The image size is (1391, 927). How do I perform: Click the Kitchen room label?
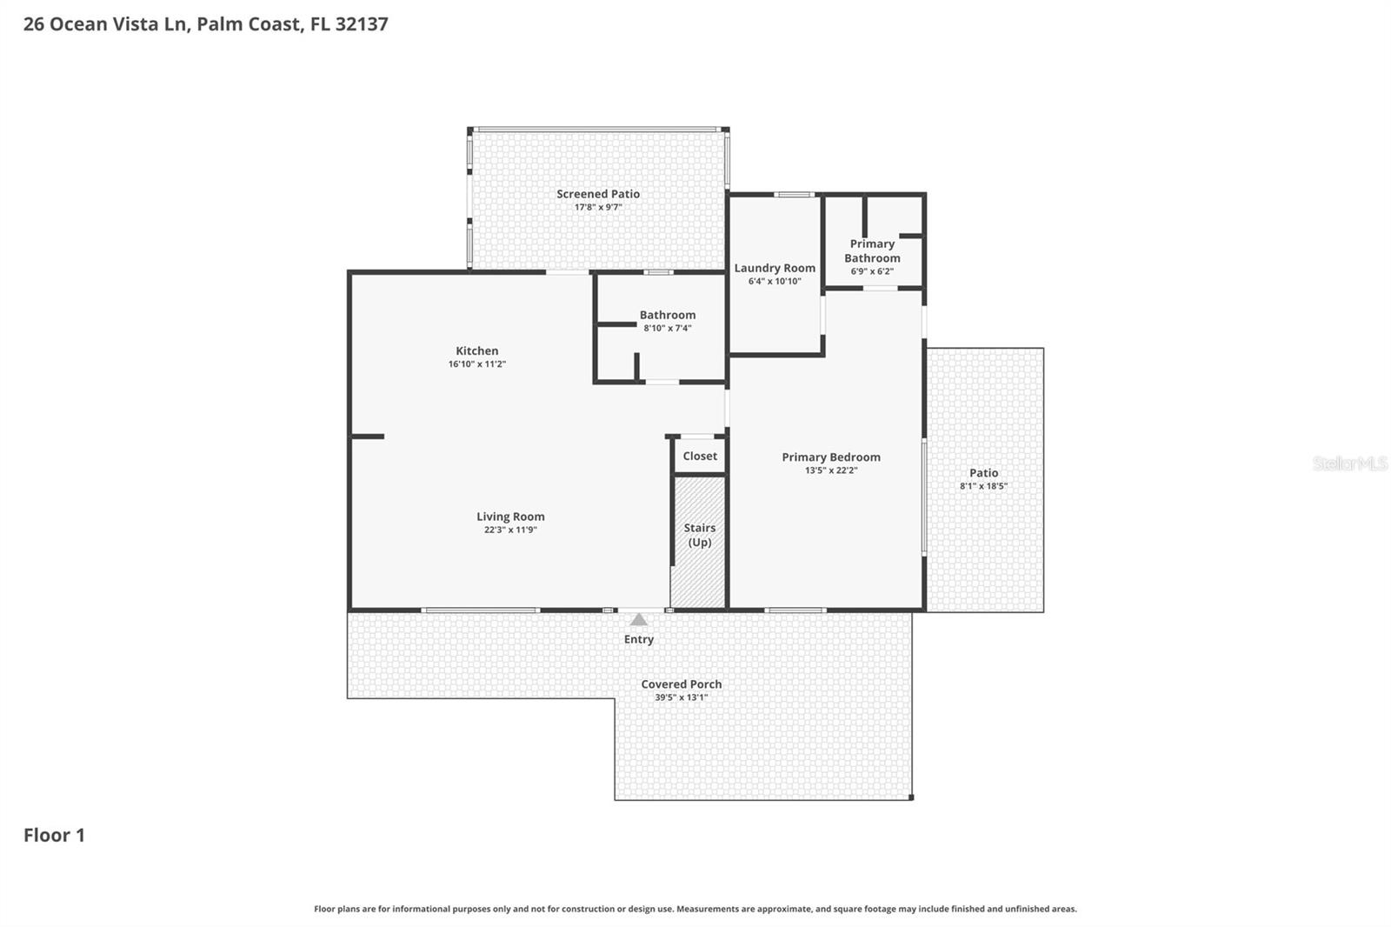[476, 350]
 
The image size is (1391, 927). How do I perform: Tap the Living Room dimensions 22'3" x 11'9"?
[510, 530]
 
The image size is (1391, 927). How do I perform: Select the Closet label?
[700, 456]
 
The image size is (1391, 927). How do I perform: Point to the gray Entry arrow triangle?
[639, 620]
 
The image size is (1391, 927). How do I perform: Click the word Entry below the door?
[639, 639]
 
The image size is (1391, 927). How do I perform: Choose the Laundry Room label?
[775, 268]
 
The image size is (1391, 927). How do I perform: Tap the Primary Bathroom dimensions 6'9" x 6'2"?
[872, 271]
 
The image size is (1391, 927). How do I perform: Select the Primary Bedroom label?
[830, 457]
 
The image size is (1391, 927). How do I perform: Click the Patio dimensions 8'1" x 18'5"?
[983, 486]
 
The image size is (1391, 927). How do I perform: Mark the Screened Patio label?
[598, 194]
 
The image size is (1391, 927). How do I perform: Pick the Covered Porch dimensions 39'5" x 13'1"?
[681, 697]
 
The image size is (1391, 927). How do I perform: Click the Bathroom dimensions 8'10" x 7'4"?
[668, 328]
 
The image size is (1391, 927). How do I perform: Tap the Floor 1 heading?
[54, 835]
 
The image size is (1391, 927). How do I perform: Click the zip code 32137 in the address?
[361, 23]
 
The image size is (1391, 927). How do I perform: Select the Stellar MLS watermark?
[1350, 463]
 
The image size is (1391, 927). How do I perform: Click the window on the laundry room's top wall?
[794, 195]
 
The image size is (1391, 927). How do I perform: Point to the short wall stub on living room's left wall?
[367, 437]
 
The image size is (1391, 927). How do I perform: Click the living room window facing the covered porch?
[481, 610]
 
